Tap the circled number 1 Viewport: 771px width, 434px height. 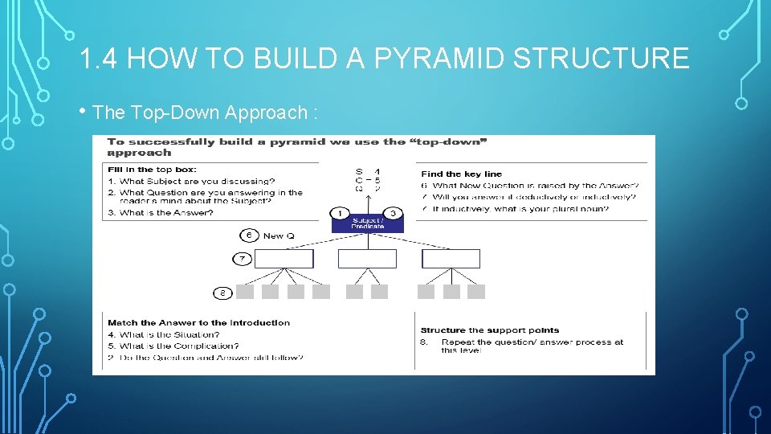point(340,213)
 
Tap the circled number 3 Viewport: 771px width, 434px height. point(394,213)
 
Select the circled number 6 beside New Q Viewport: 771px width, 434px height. point(249,235)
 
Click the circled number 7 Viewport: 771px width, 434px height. point(243,259)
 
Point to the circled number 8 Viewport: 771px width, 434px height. point(222,292)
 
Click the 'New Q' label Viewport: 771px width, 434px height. point(279,235)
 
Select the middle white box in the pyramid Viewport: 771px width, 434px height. point(367,259)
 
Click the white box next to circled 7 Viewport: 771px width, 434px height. point(284,259)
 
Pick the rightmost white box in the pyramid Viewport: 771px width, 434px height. point(451,259)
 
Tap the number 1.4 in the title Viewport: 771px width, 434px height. point(100,59)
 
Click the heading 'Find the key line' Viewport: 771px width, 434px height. point(461,174)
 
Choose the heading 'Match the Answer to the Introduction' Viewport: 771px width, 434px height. point(198,322)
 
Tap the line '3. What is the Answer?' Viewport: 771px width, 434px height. point(161,212)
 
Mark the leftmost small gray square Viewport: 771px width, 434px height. point(246,292)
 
